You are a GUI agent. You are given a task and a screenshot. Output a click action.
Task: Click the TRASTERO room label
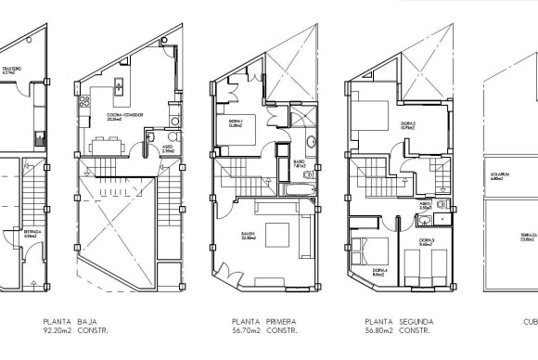(11, 69)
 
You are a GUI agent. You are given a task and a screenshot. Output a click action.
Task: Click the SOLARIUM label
(497, 176)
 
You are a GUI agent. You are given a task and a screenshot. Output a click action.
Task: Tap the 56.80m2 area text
(378, 329)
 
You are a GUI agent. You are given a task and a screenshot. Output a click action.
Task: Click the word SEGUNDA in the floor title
(415, 321)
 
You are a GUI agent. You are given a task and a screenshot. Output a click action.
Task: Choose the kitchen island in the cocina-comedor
(119, 87)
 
